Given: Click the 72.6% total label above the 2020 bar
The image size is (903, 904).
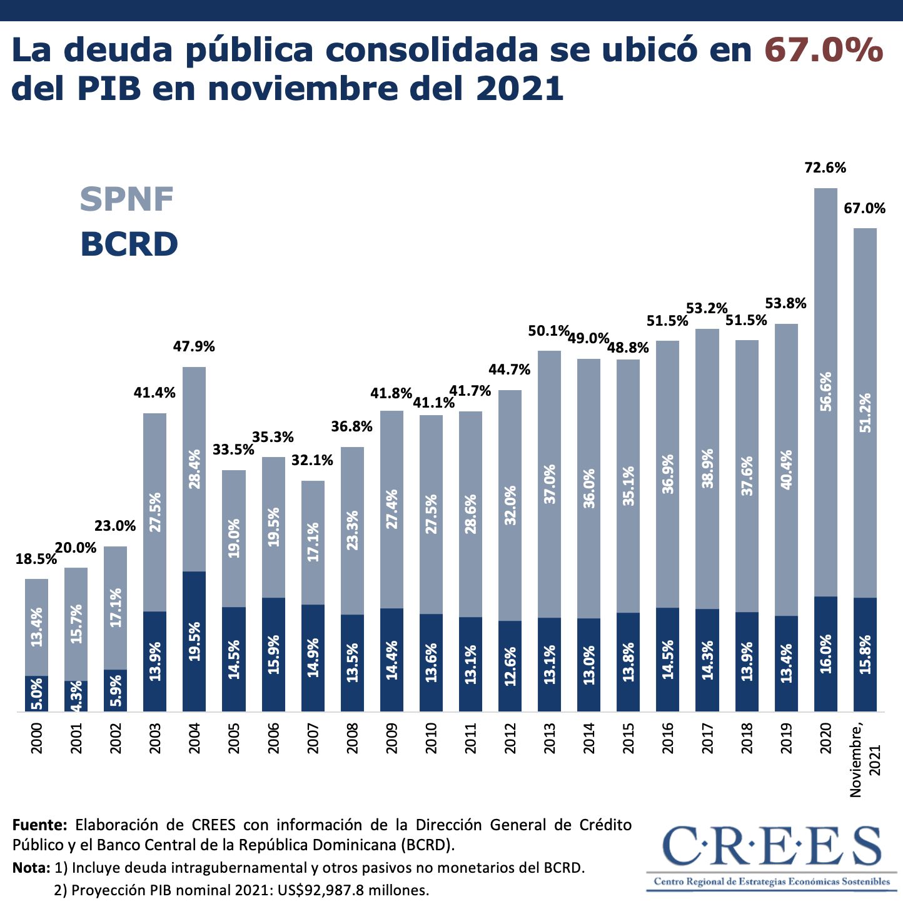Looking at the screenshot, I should tap(825, 168).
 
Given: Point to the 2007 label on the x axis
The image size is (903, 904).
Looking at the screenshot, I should tap(313, 738).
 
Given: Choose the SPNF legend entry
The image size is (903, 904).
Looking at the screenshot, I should tap(127, 199).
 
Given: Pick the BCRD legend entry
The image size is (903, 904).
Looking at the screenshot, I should tap(129, 244).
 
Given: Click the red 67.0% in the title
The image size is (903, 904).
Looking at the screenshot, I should tap(824, 50).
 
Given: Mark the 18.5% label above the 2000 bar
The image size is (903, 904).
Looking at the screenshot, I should tap(36, 560).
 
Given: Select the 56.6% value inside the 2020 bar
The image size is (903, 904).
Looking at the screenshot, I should tap(825, 392).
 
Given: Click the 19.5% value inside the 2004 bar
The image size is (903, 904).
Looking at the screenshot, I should tap(194, 641).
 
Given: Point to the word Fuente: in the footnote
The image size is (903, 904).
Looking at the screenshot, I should tap(39, 825).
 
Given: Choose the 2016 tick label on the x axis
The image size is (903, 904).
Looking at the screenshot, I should tap(667, 738).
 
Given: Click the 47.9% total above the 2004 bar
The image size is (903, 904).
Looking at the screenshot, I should tap(194, 346).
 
